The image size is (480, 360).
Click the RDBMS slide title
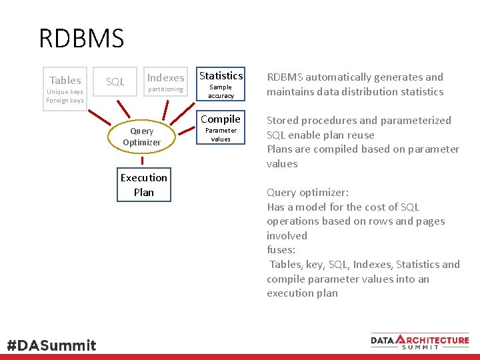point(81,39)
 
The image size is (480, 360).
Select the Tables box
point(65,80)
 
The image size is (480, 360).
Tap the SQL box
point(115,81)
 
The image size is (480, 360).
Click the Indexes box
point(165,77)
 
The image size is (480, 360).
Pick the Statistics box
point(221,75)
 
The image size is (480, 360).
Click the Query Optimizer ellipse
point(141,137)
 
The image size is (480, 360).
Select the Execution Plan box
point(143,185)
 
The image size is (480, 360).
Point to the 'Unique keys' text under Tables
point(65,92)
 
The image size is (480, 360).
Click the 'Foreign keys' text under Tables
point(65,101)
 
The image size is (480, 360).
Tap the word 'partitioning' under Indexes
point(165,89)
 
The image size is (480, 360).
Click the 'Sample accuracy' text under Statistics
point(221,91)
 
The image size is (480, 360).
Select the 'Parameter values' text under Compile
point(221,135)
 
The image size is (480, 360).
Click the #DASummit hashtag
point(51,345)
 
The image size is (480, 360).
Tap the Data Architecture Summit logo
point(420,341)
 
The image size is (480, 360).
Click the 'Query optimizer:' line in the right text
point(305,193)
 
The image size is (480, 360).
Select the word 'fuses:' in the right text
point(281,250)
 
